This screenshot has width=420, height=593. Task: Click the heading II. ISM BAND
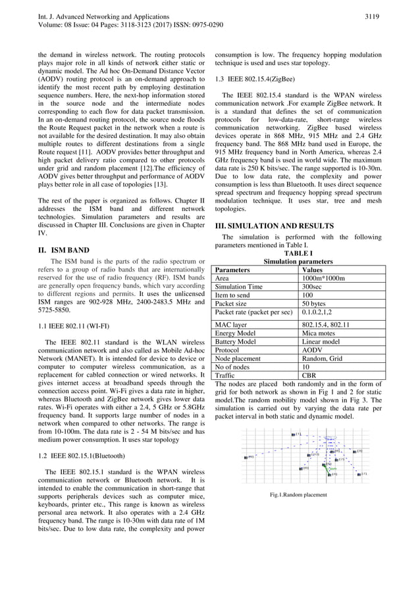(x=65, y=250)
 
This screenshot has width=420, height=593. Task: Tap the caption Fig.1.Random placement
(x=298, y=494)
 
